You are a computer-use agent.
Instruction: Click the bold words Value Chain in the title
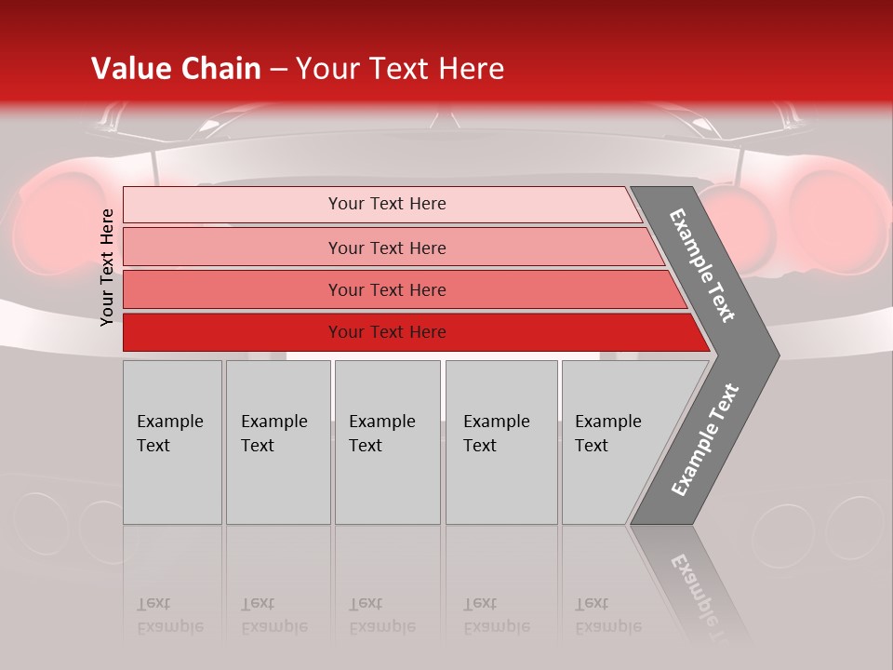point(176,69)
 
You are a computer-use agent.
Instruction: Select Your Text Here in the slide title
point(400,69)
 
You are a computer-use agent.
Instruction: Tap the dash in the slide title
point(278,70)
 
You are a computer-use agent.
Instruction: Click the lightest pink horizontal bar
point(381,204)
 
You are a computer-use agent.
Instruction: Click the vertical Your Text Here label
point(107,267)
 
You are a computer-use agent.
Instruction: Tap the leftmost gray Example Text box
point(172,442)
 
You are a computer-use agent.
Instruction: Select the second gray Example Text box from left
point(277,442)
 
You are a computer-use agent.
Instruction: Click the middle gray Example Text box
point(387,442)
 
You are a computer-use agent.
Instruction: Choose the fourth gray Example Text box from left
point(500,442)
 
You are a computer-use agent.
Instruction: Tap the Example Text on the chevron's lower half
point(704,440)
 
